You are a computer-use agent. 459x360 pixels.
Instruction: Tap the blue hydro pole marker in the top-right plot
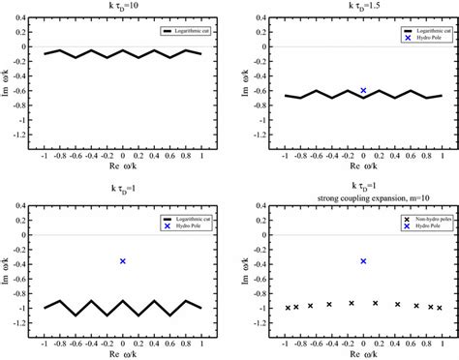point(364,90)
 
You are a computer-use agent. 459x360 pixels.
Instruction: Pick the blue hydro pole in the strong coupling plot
point(364,261)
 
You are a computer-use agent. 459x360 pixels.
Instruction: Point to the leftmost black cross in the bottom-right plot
point(288,308)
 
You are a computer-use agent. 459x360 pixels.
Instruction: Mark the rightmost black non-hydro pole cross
point(440,308)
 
